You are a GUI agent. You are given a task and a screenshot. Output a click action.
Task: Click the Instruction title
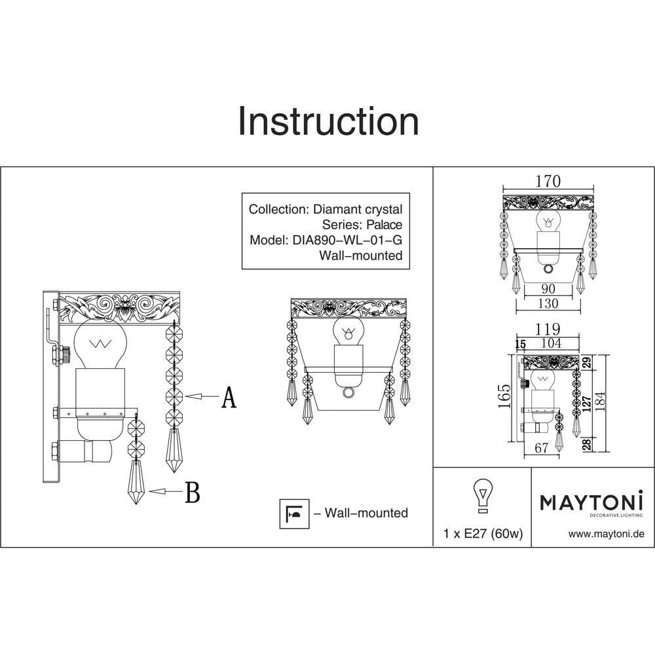coord(327,122)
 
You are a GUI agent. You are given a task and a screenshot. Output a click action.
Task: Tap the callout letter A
coord(228,398)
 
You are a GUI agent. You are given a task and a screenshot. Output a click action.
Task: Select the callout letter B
coord(192,492)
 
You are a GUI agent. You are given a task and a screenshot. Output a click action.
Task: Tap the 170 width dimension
coord(548,183)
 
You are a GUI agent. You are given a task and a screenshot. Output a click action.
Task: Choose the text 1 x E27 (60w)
coord(483,534)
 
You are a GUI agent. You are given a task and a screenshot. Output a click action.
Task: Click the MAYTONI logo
coord(591,502)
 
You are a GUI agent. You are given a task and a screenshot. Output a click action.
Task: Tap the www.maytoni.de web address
coord(607,534)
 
